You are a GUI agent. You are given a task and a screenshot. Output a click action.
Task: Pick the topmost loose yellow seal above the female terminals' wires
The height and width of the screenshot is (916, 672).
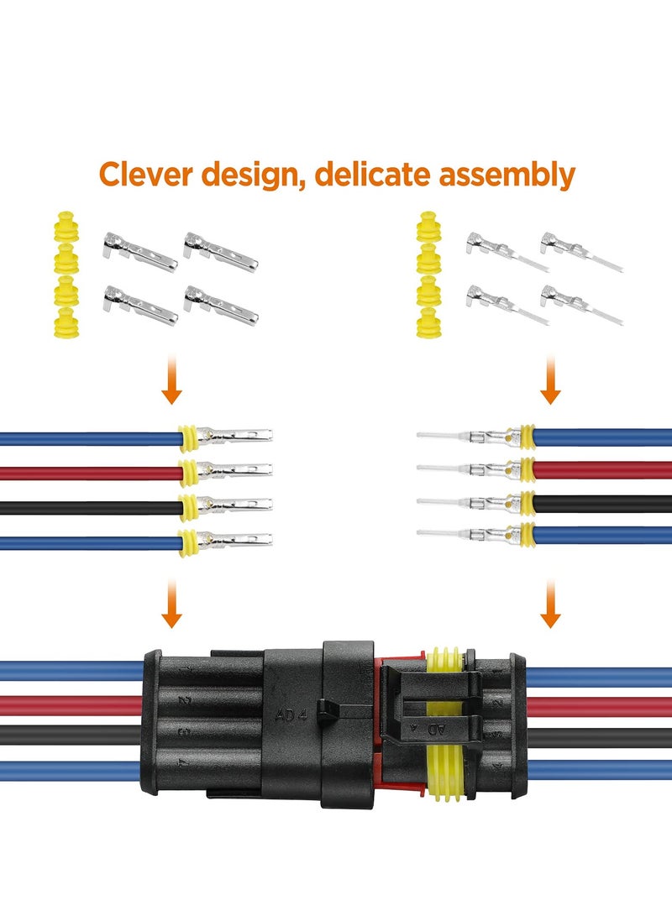point(64,227)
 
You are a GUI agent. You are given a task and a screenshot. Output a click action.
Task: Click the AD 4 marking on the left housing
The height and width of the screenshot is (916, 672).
point(290,716)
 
